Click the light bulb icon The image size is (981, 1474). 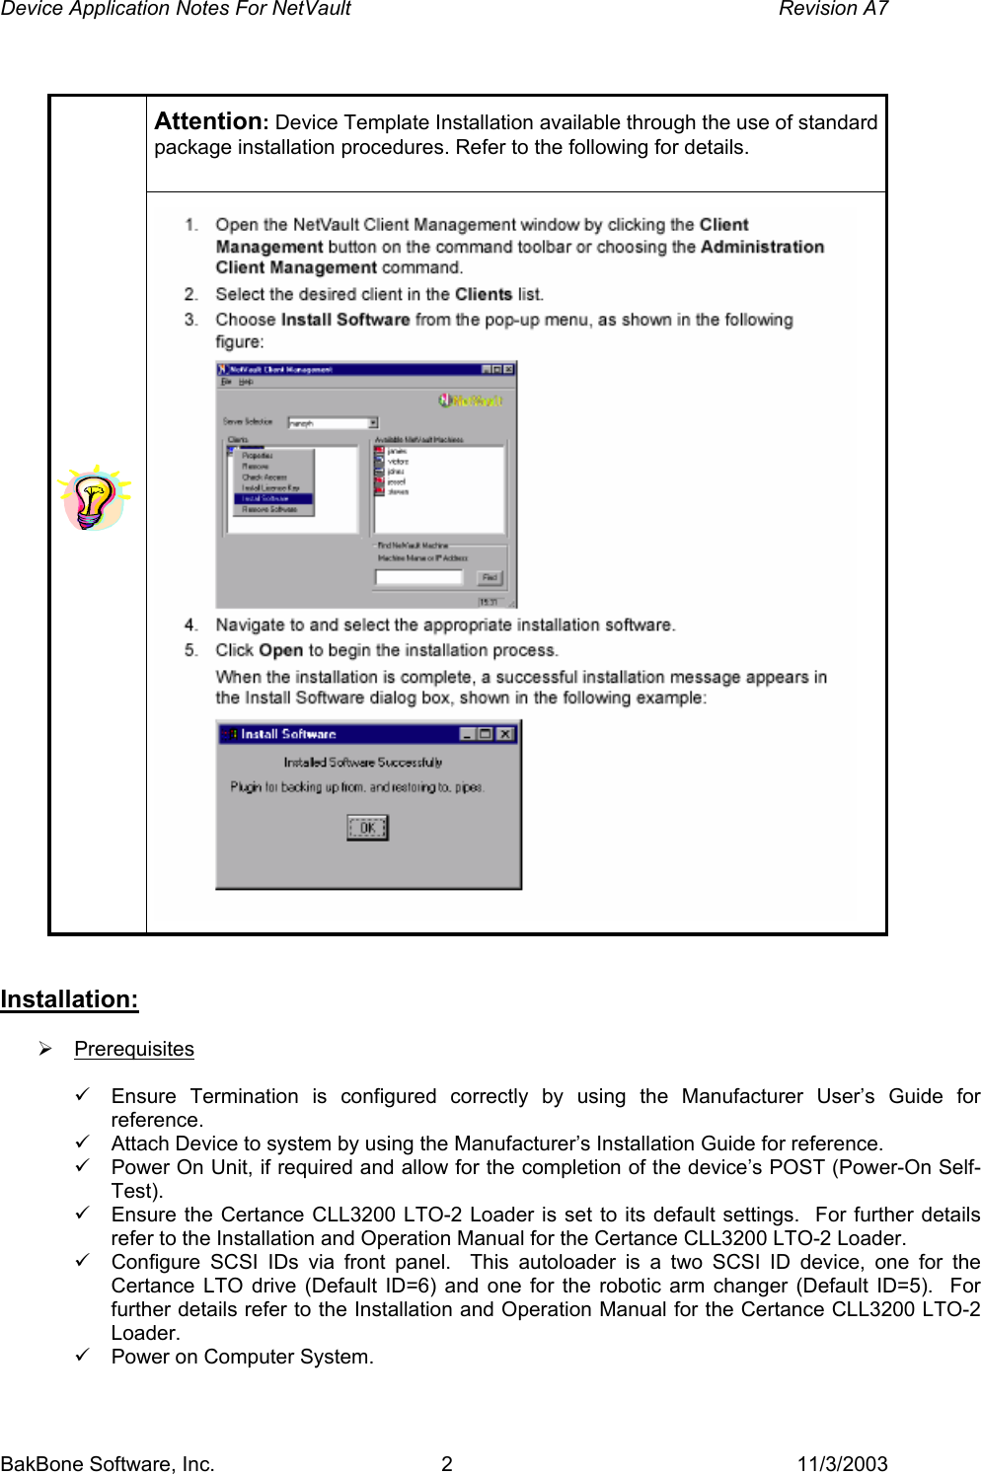(x=94, y=498)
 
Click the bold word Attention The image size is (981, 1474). (x=207, y=121)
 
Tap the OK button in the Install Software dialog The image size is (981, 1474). (x=367, y=828)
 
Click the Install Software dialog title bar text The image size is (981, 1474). (x=288, y=734)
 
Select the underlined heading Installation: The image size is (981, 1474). (x=69, y=999)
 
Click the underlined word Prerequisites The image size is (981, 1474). (x=134, y=1049)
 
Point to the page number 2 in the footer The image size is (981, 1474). (x=446, y=1463)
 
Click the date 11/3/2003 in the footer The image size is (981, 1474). (x=842, y=1463)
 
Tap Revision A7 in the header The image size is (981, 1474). (x=833, y=9)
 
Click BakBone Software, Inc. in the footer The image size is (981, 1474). (x=108, y=1463)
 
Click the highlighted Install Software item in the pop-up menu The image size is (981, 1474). (x=271, y=498)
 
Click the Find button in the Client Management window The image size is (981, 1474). (x=490, y=577)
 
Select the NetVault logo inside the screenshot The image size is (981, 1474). (x=472, y=401)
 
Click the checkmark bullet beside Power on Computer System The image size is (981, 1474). (x=84, y=1356)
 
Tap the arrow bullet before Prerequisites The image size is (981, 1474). (x=45, y=1049)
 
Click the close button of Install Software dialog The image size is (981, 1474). (x=505, y=734)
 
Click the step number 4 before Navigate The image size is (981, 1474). (x=190, y=625)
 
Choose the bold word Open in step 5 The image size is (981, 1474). (x=280, y=650)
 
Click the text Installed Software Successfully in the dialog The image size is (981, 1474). (x=362, y=762)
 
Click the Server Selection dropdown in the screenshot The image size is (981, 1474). (x=333, y=422)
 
